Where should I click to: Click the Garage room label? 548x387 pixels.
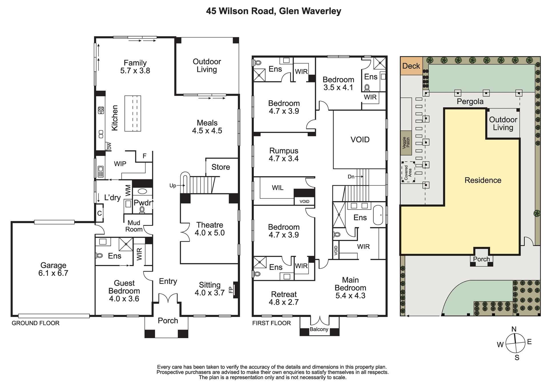pos(53,269)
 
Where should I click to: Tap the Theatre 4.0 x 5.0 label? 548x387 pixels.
pos(210,229)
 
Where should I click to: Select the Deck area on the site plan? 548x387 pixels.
pos(411,66)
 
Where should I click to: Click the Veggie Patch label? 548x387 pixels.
pos(406,143)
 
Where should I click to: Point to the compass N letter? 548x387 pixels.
pos(514,329)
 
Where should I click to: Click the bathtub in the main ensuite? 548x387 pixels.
pos(378,215)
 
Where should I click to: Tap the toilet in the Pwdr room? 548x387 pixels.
pos(142,210)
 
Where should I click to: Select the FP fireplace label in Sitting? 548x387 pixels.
pos(231,290)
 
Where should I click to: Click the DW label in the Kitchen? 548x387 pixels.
pos(109,146)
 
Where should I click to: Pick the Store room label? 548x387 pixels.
pos(221,167)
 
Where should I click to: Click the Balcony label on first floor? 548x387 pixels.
pos(319,329)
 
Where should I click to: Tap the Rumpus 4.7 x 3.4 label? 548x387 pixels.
pos(284,155)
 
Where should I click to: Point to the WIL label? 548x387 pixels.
pos(278,188)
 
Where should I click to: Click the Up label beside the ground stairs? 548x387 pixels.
pos(173,186)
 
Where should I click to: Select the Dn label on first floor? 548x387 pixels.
pos(351,177)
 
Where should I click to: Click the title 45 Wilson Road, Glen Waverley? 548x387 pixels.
pos(274,11)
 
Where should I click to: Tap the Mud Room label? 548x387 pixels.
pos(134,226)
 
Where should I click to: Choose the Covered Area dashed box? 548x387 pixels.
pos(408,172)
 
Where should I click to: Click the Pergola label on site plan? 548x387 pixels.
pos(470,102)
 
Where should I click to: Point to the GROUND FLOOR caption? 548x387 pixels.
pos(36,323)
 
